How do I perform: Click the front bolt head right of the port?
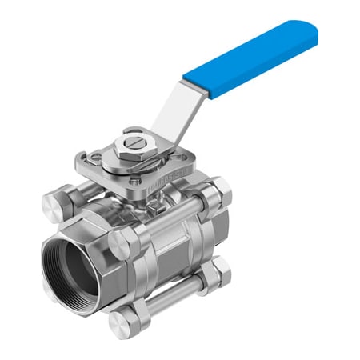point(122,243)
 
